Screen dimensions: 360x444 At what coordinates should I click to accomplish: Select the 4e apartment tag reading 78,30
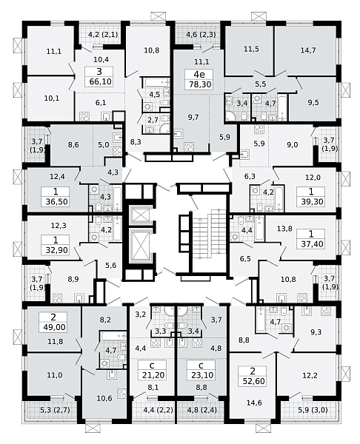199,80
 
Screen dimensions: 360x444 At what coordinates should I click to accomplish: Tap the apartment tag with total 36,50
56,197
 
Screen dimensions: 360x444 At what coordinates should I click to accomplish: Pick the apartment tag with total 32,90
56,245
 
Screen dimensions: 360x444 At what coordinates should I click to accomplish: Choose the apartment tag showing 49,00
53,322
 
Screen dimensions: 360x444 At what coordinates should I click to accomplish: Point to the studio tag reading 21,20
153,370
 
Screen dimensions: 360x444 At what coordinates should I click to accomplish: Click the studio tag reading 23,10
201,370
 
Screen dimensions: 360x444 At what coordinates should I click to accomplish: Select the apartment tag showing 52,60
253,376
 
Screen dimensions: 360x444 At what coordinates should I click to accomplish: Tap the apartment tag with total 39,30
311,197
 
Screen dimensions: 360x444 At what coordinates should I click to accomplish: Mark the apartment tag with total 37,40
311,239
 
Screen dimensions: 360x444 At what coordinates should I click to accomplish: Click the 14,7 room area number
308,50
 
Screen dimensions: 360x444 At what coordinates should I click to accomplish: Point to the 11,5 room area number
251,49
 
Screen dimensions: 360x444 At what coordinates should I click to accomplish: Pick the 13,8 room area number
284,228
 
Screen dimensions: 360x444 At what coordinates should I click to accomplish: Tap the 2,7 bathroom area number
153,119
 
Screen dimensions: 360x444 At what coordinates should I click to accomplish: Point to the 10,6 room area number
104,398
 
